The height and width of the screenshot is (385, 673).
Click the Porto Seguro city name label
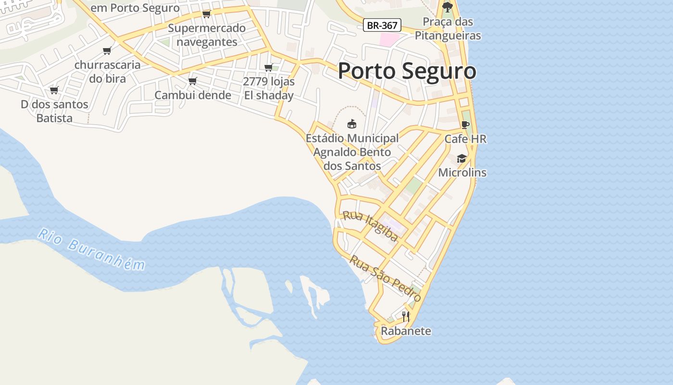407,71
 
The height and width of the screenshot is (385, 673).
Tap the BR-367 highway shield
382,26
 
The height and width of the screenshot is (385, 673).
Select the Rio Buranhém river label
91,250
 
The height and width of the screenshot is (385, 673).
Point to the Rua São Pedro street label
385,278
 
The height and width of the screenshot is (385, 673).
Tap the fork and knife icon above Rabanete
406,316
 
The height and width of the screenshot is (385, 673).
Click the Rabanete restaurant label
406,331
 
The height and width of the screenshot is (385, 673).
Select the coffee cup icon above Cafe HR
465,125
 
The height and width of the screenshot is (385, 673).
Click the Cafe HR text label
465,139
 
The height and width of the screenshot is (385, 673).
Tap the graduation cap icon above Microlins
462,158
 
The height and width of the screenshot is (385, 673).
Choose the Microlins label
462,172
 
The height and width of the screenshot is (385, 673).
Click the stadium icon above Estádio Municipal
352,124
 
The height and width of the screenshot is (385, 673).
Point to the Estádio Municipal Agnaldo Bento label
352,152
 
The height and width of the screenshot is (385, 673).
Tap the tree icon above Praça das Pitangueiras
448,7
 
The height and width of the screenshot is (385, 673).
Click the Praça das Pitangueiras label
448,29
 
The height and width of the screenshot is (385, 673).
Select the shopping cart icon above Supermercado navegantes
207,13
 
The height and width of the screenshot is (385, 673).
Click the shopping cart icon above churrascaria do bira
107,51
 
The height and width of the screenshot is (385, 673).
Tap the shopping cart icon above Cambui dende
193,81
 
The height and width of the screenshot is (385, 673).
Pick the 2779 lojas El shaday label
269,89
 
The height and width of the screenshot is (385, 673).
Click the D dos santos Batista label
54,111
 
